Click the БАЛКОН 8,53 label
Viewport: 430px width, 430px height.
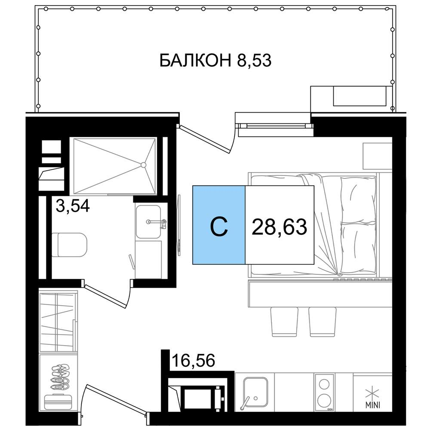[215, 60]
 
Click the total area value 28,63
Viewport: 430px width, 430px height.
[279, 227]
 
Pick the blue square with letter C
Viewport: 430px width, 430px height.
[219, 225]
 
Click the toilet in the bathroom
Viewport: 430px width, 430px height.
[69, 245]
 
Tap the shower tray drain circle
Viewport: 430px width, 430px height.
[143, 165]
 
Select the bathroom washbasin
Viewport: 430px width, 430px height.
[148, 221]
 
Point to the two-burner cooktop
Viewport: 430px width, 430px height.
[324, 393]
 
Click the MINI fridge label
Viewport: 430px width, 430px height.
[372, 405]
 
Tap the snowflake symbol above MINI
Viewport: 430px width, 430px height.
[372, 393]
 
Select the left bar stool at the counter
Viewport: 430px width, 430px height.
[284, 322]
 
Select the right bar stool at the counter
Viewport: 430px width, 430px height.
[322, 322]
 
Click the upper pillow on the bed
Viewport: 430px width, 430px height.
[358, 200]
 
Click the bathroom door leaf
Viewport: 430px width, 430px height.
[105, 296]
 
